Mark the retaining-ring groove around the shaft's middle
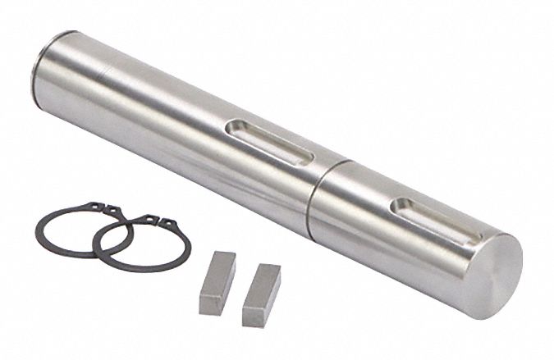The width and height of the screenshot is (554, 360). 316,189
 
